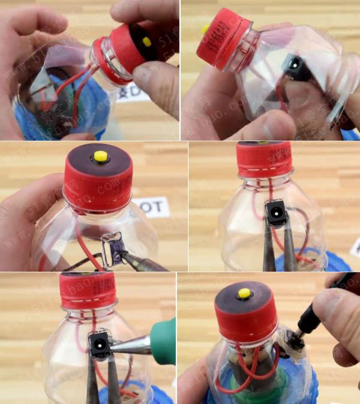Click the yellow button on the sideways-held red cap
pos(146,42)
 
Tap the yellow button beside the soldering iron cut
pos(101,157)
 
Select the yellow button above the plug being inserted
pos(244,294)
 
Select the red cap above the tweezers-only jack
pos(264,159)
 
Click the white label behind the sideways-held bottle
pos(133,93)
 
